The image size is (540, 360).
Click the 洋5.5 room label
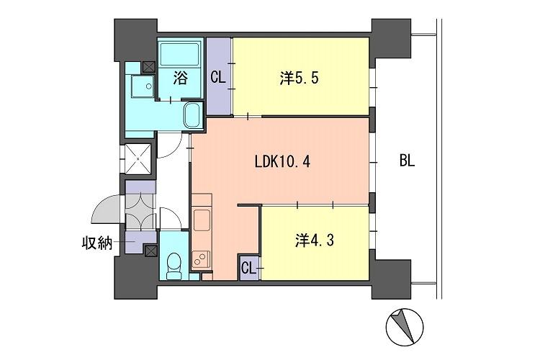click(299, 78)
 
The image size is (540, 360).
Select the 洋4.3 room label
click(314, 240)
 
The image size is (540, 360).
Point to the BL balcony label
click(407, 161)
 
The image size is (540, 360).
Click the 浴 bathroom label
click(181, 78)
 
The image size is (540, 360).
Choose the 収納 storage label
click(97, 243)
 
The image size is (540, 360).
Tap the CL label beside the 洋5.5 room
click(218, 77)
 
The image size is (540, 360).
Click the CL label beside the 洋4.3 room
click(248, 268)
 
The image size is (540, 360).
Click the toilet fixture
click(174, 266)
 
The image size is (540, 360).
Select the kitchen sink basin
click(202, 220)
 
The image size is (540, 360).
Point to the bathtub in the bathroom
click(180, 55)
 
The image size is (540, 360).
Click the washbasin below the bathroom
click(193, 115)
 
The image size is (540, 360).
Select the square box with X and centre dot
click(138, 159)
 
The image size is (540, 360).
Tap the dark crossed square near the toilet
click(150, 251)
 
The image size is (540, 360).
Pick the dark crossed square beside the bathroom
click(148, 67)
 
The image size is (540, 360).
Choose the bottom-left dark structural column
click(136, 277)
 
